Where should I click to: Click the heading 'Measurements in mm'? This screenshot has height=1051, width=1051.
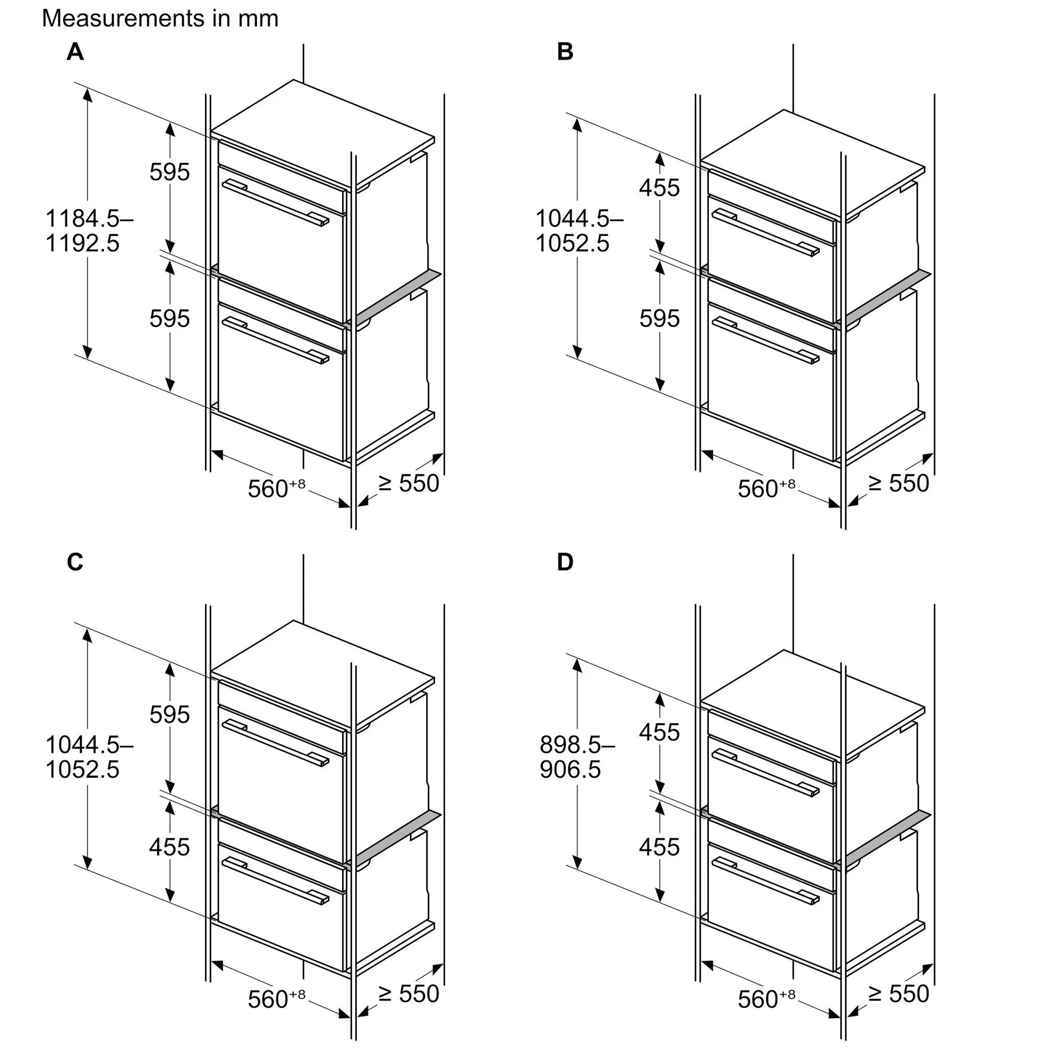[160, 19]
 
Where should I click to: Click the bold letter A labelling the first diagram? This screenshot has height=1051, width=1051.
[75, 52]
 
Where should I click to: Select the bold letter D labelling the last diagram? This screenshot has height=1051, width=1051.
[565, 562]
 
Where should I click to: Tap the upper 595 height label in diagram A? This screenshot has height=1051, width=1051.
[170, 172]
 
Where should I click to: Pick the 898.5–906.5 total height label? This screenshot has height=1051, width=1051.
[577, 757]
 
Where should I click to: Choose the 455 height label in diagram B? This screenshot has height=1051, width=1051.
[660, 188]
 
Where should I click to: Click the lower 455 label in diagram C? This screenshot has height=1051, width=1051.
[170, 847]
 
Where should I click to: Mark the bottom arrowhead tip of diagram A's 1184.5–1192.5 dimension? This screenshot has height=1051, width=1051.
[88, 359]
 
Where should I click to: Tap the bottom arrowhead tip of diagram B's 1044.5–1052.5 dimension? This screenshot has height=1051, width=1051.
[577, 359]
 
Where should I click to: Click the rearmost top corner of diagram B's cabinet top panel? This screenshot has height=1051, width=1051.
[784, 110]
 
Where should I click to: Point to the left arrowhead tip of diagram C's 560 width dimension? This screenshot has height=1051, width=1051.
[211, 961]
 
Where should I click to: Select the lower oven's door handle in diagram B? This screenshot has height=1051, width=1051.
[765, 340]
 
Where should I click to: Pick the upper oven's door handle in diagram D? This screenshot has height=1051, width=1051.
[765, 772]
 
